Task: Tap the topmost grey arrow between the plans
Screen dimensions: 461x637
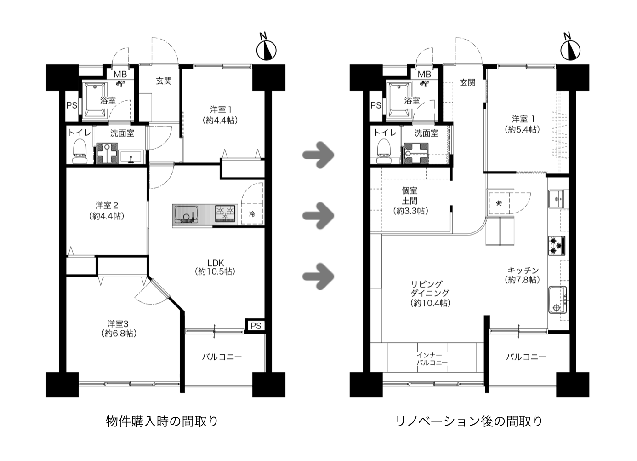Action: click(x=318, y=154)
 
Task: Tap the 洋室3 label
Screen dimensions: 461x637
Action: click(x=119, y=328)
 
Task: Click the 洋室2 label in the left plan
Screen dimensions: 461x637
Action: click(x=107, y=210)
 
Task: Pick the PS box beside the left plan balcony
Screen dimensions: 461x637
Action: click(x=256, y=326)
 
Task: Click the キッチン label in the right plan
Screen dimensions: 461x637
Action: click(x=523, y=275)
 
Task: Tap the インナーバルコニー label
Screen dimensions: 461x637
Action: click(x=432, y=359)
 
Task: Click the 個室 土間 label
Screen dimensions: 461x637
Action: click(x=410, y=201)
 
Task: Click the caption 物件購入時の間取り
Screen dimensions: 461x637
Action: click(x=162, y=421)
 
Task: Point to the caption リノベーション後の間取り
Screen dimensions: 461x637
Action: click(x=469, y=421)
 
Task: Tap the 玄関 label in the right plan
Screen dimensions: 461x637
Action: click(x=467, y=83)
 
